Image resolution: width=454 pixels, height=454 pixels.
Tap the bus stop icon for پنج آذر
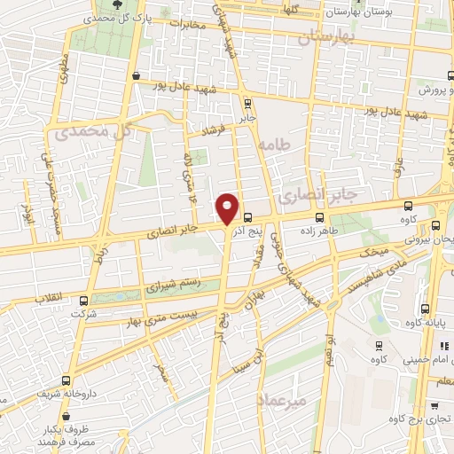247,216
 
